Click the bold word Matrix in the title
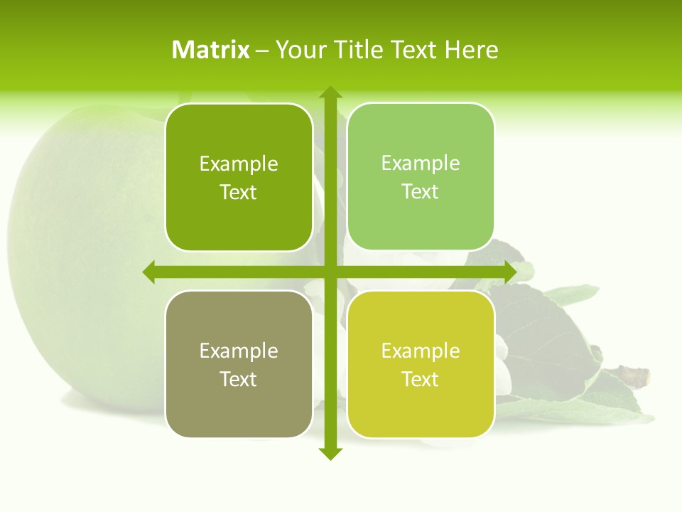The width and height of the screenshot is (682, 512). (211, 50)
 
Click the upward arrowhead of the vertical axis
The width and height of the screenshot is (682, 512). (330, 92)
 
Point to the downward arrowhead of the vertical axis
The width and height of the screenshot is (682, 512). (330, 454)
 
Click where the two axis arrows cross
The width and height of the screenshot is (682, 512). (330, 272)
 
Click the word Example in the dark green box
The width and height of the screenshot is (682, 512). (239, 164)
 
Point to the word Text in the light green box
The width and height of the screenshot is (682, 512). (420, 192)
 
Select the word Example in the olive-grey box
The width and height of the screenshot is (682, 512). (239, 351)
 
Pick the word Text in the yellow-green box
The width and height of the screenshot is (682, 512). (420, 380)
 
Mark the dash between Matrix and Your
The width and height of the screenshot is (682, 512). (262, 50)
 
